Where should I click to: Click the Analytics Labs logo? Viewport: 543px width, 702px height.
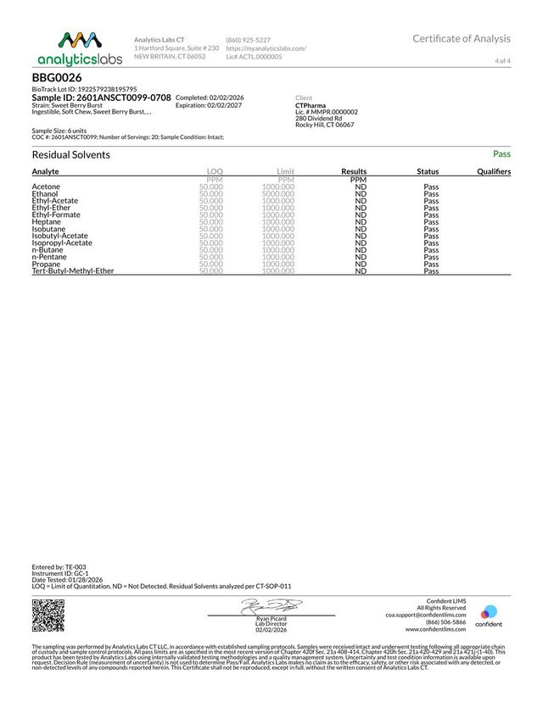[x=80, y=47]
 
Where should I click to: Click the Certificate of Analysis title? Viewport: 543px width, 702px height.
[x=462, y=38]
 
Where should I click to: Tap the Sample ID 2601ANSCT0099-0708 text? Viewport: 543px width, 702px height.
[x=101, y=98]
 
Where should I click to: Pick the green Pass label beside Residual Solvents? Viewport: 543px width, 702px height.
[x=501, y=154]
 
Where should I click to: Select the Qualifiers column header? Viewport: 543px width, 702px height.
[x=494, y=171]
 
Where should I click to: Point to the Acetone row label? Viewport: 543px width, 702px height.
[x=46, y=187]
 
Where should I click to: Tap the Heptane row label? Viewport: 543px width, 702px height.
[x=47, y=221]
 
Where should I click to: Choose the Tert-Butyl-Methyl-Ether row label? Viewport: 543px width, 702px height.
[x=73, y=271]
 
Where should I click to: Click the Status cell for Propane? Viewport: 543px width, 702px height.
[x=431, y=264]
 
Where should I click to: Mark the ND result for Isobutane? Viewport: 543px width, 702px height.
[x=361, y=229]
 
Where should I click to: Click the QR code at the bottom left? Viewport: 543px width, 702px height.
[x=48, y=616]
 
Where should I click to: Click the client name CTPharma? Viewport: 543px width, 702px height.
[x=311, y=106]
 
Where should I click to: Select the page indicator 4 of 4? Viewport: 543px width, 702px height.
[x=502, y=61]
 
